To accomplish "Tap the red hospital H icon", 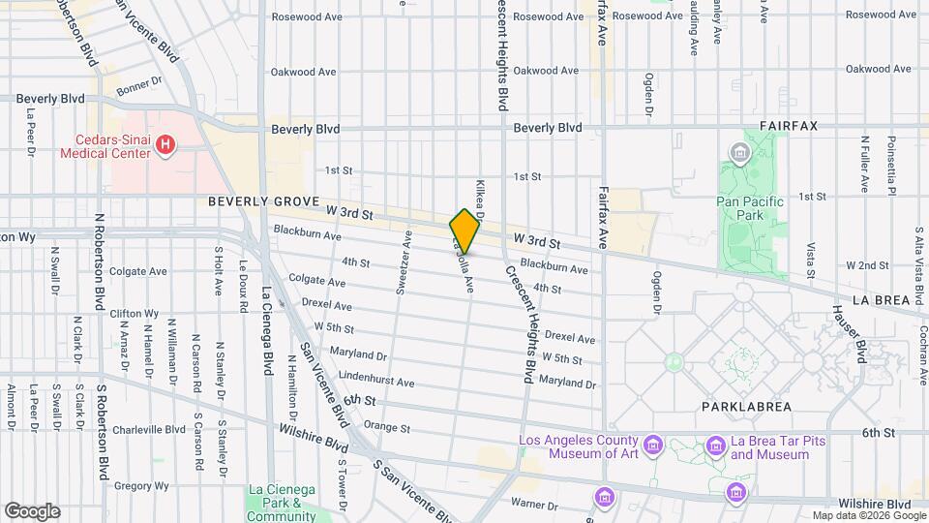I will pyautogui.click(x=166, y=146).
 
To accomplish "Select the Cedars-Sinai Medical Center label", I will pyautogui.click(x=105, y=146).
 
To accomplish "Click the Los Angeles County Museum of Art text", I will pyautogui.click(x=580, y=446).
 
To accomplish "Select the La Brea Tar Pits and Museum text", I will pyautogui.click(x=769, y=447).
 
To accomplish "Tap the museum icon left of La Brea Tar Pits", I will pyautogui.click(x=715, y=446).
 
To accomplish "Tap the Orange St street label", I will pyautogui.click(x=387, y=428).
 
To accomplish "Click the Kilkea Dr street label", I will pyautogui.click(x=479, y=197).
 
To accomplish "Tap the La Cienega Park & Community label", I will pyautogui.click(x=281, y=504).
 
